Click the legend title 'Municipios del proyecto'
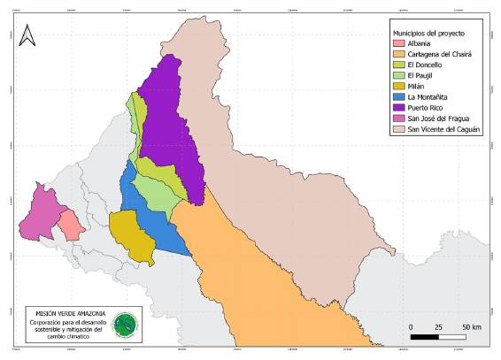(431, 33)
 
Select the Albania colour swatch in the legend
(399, 43)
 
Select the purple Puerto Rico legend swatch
(399, 107)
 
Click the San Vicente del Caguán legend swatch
(399, 128)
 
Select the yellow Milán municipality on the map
(133, 234)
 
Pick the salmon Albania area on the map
(70, 225)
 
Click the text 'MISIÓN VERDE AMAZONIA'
(70, 314)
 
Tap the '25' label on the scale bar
(437, 327)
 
